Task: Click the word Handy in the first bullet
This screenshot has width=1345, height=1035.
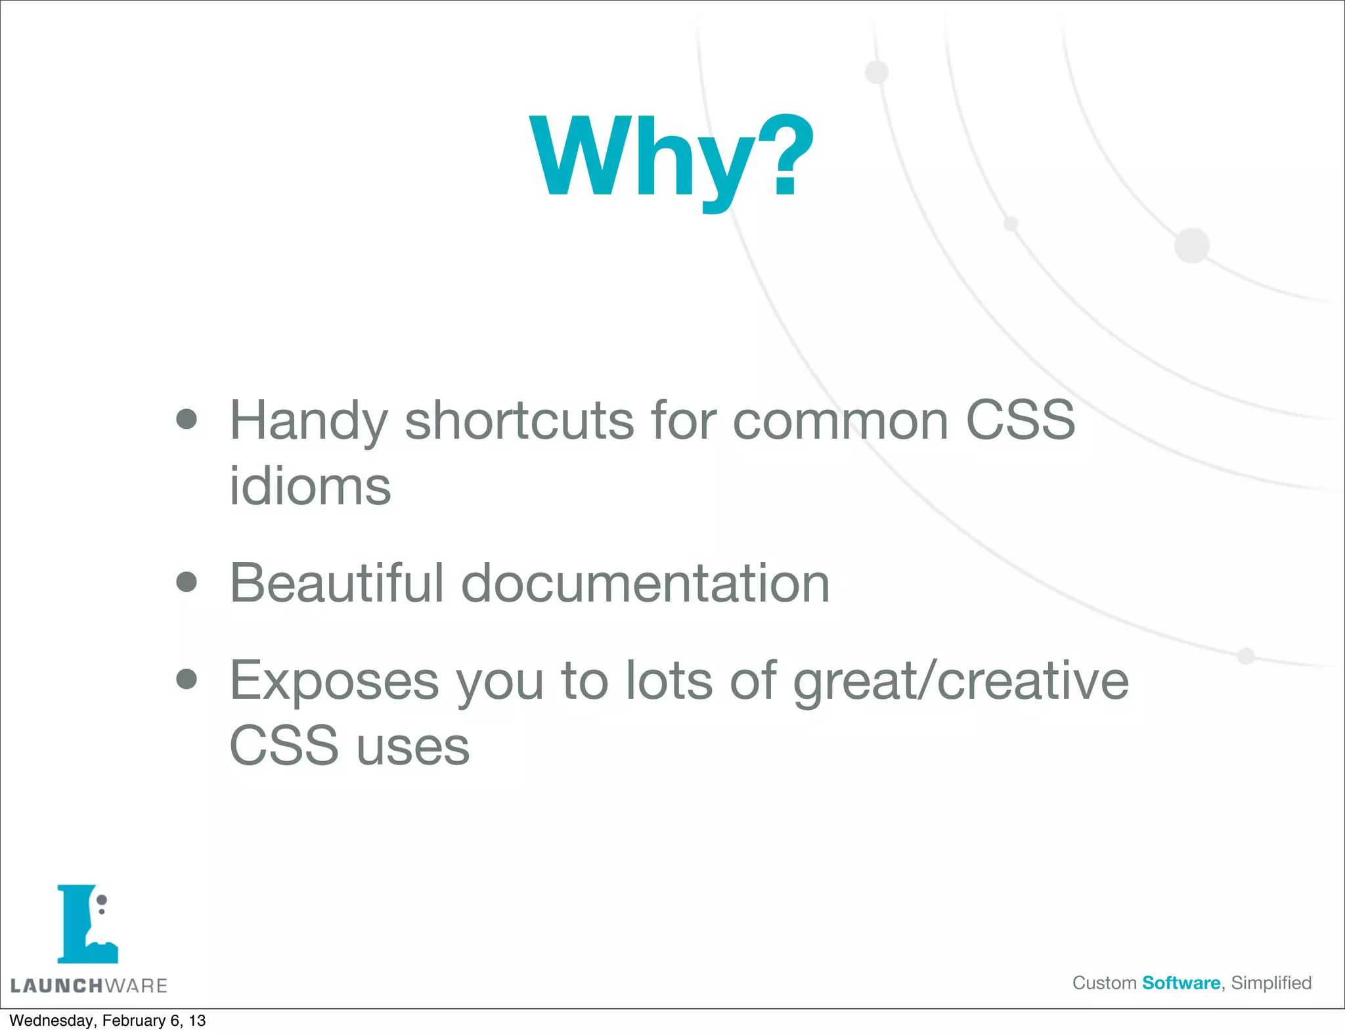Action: pos(308,422)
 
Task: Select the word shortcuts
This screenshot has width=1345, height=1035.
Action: pos(519,420)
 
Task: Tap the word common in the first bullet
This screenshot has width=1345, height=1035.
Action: pos(840,420)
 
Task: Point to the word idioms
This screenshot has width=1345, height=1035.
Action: pos(310,487)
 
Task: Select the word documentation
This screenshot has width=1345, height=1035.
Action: pos(646,583)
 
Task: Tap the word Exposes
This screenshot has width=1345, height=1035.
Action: pos(334,682)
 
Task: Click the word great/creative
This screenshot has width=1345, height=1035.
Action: pos(961,682)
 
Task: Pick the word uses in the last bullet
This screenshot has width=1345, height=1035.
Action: pos(413,746)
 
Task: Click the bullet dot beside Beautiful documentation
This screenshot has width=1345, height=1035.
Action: pos(187,582)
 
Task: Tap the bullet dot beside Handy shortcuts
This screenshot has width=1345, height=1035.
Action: pos(187,419)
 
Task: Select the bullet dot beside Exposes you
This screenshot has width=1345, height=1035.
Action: pos(187,680)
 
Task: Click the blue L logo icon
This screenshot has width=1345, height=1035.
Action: pos(87,924)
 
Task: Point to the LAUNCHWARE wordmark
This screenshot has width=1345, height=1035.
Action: pos(89,986)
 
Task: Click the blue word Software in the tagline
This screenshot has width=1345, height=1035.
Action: pos(1181,983)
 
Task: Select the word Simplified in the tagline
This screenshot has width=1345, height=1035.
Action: pos(1271,983)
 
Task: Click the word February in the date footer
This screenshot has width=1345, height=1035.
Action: pos(133,1021)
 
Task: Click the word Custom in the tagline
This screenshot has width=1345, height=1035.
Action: pos(1104,983)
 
